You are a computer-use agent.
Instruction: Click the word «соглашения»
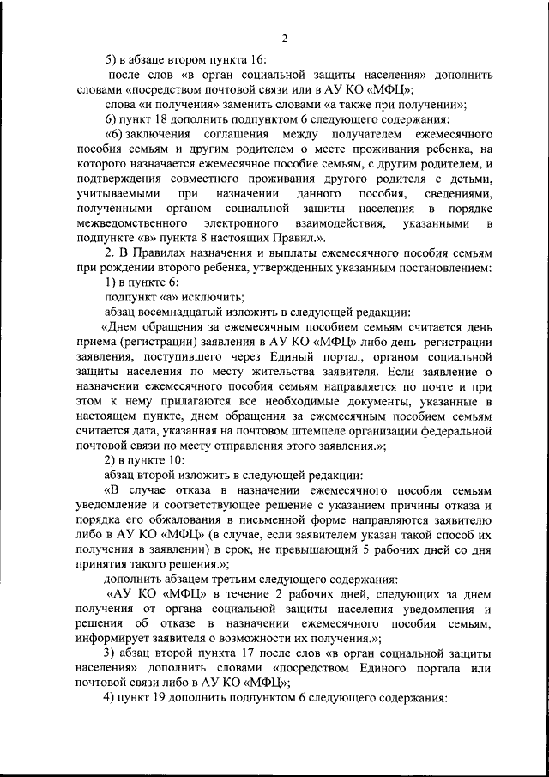244,137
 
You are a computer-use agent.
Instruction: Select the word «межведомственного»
129,224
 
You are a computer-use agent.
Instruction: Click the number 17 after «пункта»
238,653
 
